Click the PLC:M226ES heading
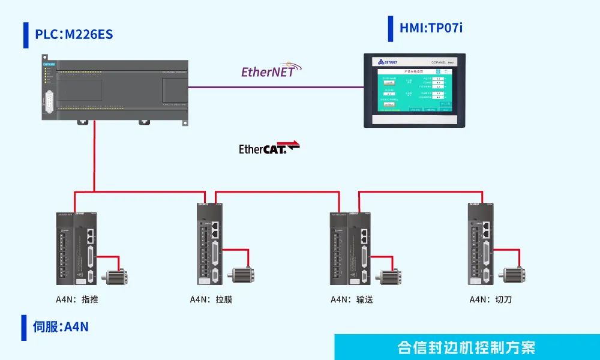[x=74, y=34]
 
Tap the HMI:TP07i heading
[x=431, y=28]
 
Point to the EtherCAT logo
[x=269, y=148]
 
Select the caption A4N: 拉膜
[x=211, y=299]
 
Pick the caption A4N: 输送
[x=352, y=299]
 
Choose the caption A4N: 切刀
[x=490, y=299]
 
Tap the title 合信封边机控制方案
[x=466, y=347]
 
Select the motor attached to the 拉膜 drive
[x=243, y=274]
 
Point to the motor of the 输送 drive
[x=388, y=277]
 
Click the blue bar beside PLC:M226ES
[x=26, y=35]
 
